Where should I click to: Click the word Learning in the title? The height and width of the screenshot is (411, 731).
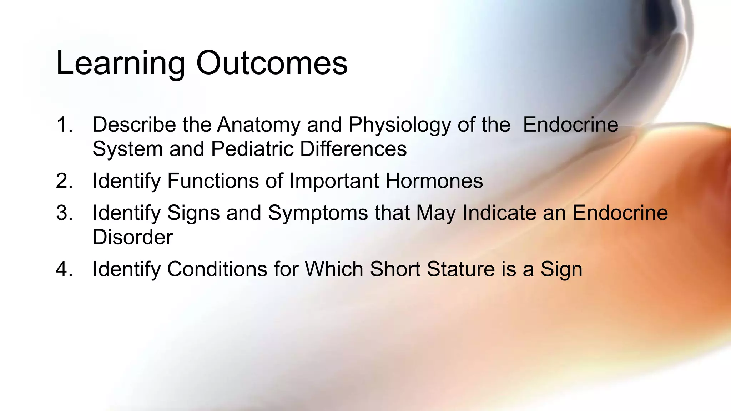[x=120, y=64]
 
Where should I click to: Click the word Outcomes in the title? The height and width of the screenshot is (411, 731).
[x=272, y=64]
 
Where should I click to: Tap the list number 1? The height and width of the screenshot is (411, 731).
[x=64, y=125]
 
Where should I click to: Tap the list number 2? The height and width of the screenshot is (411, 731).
[x=64, y=181]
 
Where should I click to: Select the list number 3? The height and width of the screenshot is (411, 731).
[x=64, y=213]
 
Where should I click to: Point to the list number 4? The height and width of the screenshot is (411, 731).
[x=64, y=269]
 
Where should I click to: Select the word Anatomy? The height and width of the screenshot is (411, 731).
[x=259, y=125]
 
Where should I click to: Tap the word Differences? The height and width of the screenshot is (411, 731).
[x=353, y=149]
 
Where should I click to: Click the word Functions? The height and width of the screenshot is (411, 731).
[x=213, y=181]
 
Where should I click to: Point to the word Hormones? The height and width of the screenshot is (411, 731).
[x=434, y=181]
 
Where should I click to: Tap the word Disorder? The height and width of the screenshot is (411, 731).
[x=132, y=237]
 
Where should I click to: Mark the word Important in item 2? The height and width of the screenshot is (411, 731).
[x=334, y=181]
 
